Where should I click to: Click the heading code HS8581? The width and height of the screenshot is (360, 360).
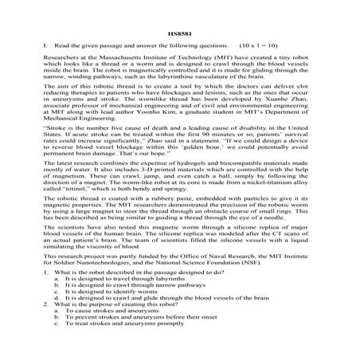pos(180,33)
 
